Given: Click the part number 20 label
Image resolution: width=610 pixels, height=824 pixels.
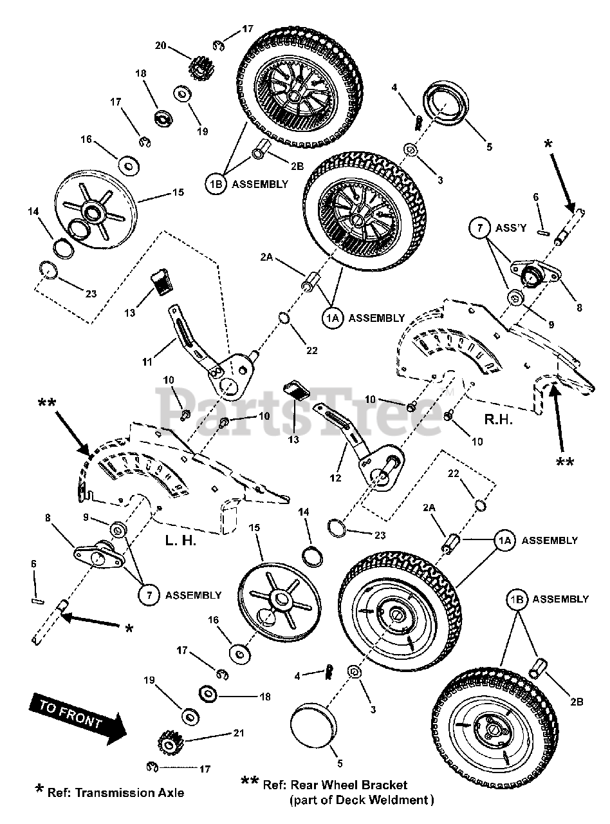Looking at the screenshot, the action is click(x=160, y=46).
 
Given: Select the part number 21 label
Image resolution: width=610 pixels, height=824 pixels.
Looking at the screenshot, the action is click(x=239, y=733).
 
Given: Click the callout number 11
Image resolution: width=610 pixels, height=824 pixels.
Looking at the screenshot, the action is click(x=147, y=361).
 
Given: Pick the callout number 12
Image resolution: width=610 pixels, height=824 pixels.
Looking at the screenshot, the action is click(x=335, y=478).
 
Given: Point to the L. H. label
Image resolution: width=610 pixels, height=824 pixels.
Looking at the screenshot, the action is click(x=181, y=541).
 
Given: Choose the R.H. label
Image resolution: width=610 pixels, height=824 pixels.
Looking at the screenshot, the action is click(x=499, y=420).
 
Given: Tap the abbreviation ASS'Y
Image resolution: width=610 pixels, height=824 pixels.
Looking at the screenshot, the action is click(x=511, y=228).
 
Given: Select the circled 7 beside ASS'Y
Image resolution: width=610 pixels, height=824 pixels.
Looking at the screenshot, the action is click(x=479, y=227).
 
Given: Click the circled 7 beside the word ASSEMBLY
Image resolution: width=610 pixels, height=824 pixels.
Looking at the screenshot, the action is click(x=149, y=595).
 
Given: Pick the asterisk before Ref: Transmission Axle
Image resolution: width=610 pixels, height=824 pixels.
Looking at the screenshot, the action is click(x=39, y=789).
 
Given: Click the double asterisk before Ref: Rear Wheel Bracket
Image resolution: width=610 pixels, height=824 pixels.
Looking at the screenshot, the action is click(x=250, y=780).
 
